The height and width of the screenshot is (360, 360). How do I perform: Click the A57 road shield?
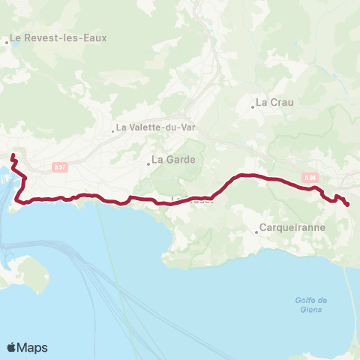[61, 168]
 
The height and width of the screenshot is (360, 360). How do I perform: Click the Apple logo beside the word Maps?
[12, 347]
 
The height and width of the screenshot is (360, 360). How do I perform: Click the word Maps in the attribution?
[32, 347]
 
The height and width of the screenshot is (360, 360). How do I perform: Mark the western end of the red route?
[13, 155]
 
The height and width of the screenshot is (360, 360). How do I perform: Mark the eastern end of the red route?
[347, 204]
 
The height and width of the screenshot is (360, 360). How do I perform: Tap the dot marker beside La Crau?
[253, 106]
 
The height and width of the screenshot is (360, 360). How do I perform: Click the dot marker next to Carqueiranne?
[256, 232]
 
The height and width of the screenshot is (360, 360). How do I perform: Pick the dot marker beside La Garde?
[148, 163]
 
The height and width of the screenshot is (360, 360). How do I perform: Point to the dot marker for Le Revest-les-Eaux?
[7, 43]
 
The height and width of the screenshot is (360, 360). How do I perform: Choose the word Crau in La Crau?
[280, 102]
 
